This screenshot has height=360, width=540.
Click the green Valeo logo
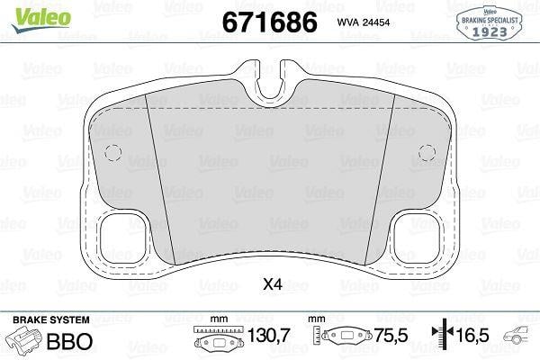(x=41, y=20)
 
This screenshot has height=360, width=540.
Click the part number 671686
(x=270, y=22)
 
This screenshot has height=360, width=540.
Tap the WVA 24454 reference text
(x=364, y=22)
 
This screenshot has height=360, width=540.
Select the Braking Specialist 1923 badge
(x=490, y=23)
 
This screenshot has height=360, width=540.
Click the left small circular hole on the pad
(x=113, y=153)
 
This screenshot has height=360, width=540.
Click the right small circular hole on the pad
(x=427, y=153)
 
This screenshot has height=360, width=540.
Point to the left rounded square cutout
(x=123, y=238)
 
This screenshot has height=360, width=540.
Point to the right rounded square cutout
(x=417, y=238)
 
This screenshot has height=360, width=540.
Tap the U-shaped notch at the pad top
(x=270, y=84)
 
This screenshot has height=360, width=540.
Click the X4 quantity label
(x=273, y=284)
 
